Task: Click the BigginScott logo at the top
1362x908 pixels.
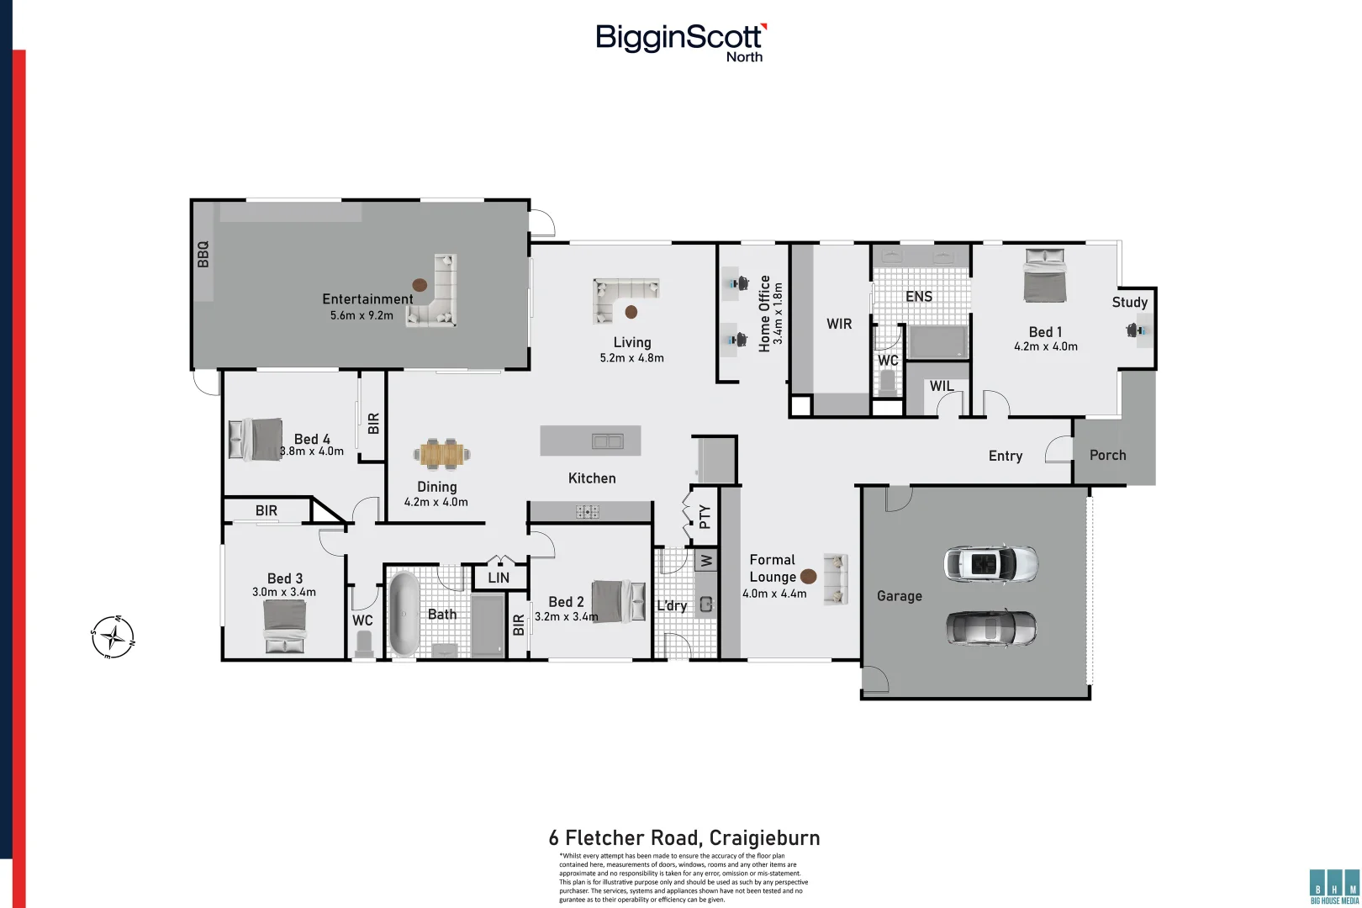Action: [680, 41]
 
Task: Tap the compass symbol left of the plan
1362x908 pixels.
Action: [113, 636]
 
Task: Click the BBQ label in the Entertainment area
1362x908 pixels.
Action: [203, 254]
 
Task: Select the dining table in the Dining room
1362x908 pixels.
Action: [441, 455]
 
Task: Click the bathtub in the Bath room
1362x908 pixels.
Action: [404, 614]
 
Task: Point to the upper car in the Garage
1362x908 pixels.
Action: [990, 563]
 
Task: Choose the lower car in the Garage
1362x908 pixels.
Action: [990, 627]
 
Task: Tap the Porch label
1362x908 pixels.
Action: [1107, 455]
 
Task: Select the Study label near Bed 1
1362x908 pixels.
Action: [1129, 302]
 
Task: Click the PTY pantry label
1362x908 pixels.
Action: [705, 515]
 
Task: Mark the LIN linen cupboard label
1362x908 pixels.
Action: [499, 578]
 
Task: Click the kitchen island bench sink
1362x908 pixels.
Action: [607, 441]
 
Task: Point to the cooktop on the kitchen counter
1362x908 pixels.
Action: [587, 511]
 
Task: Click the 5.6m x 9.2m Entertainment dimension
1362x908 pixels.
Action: [362, 315]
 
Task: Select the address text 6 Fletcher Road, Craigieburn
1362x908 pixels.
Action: [684, 837]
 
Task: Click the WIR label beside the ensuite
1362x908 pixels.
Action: [839, 324]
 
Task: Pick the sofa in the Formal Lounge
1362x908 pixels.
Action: [836, 578]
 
